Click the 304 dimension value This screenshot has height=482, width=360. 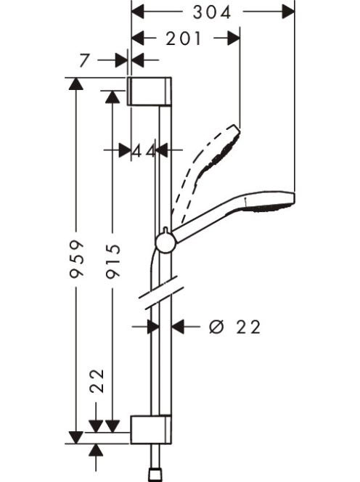click(x=211, y=12)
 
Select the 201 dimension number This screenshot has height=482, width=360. click(x=184, y=38)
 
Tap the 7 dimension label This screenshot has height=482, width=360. click(x=84, y=60)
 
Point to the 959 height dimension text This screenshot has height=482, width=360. click(x=76, y=259)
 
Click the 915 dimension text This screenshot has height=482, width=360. click(x=112, y=261)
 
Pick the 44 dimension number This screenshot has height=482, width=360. click(x=143, y=151)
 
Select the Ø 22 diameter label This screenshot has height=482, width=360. click(x=235, y=327)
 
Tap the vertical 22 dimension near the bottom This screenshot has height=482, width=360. click(x=97, y=380)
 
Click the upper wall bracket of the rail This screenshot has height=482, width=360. click(x=150, y=91)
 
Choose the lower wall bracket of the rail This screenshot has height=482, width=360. click(x=151, y=430)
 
